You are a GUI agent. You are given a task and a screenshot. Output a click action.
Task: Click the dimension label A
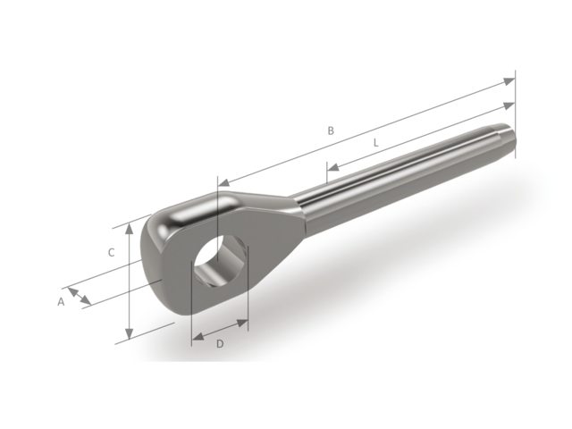click(62, 302)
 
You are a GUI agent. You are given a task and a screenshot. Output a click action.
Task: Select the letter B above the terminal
click(330, 130)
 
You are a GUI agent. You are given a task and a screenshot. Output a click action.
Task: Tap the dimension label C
click(111, 253)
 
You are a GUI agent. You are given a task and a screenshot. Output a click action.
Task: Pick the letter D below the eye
click(220, 344)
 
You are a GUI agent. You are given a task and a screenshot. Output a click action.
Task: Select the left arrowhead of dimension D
click(197, 340)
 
